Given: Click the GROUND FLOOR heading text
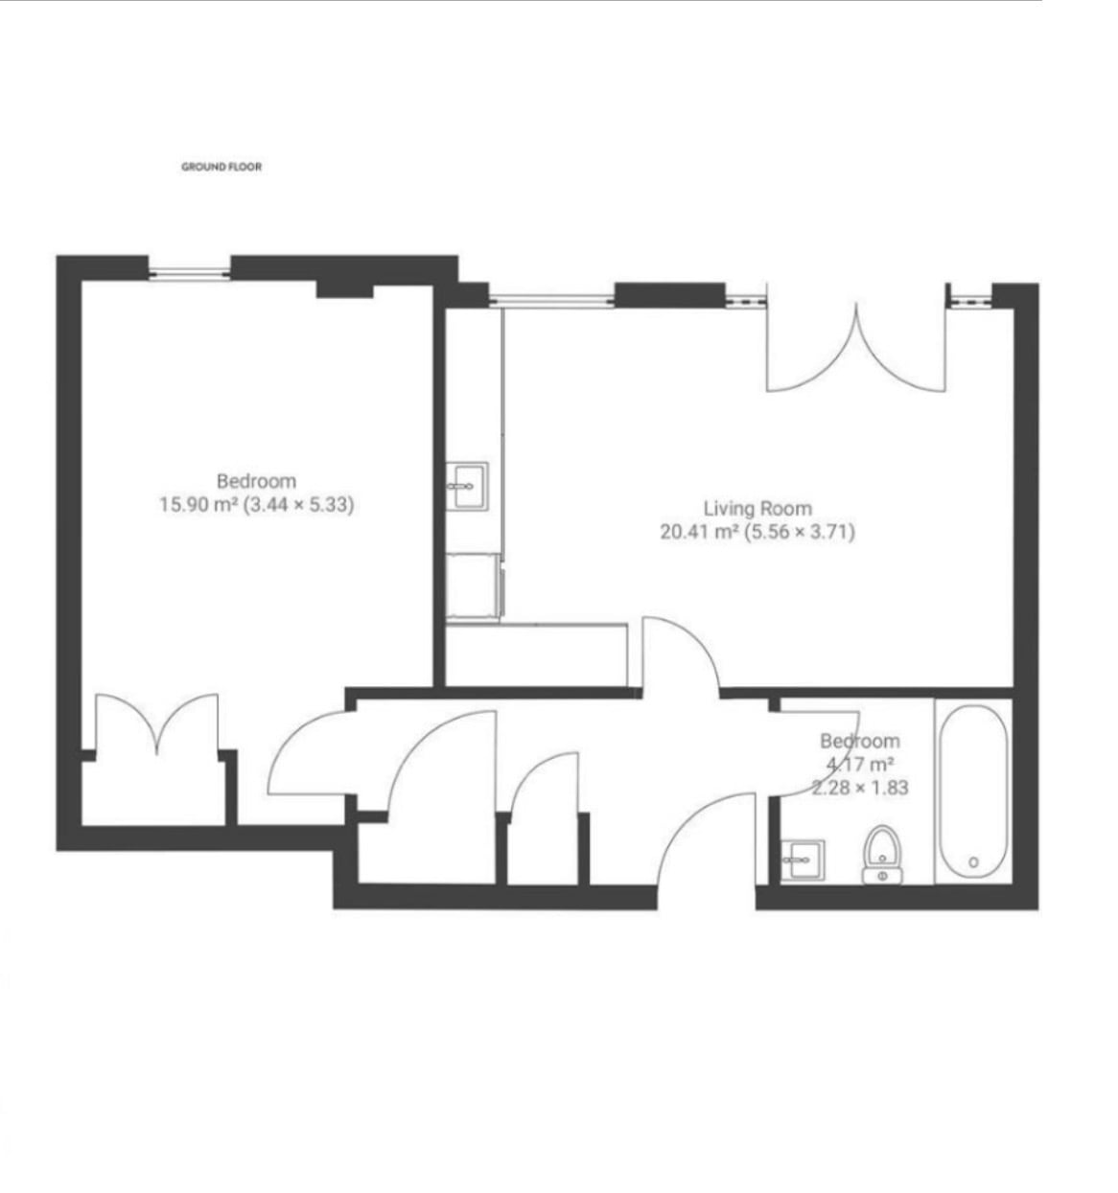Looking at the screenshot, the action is (221, 167).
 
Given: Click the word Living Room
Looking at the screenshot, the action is (757, 508).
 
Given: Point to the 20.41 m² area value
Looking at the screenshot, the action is (699, 532).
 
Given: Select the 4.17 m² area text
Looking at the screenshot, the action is (859, 764).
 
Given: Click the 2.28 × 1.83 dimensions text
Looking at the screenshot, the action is (859, 787).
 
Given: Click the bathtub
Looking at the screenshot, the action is (973, 792).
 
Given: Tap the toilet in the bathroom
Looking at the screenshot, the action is (882, 854).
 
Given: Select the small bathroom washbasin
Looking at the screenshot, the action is (802, 860).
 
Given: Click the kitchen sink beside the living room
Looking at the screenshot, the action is (467, 486).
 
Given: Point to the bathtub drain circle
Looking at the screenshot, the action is (973, 862).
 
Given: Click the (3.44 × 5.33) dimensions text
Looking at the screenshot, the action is (298, 504).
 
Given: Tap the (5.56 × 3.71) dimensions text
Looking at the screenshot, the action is (800, 532).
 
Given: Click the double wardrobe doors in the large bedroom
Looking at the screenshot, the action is (157, 723).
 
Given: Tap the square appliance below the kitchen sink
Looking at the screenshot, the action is (473, 585).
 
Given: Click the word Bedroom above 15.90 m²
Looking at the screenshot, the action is (256, 481).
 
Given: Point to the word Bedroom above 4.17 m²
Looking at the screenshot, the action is (859, 742).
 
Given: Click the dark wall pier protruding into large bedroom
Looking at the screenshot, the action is (344, 291).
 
